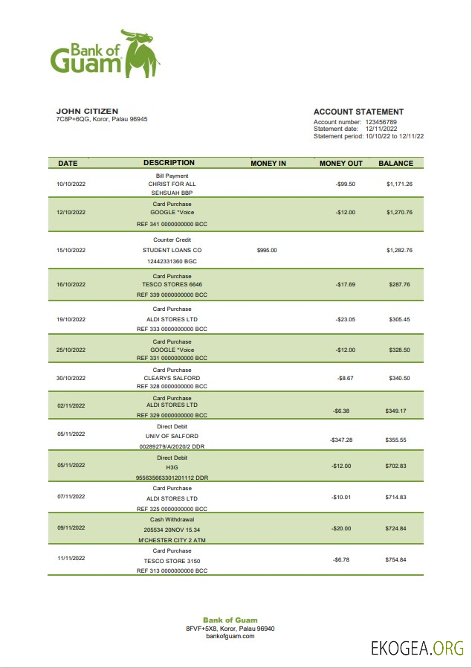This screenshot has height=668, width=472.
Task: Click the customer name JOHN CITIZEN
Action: click(x=87, y=111)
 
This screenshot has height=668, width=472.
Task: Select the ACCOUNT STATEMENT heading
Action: click(x=358, y=112)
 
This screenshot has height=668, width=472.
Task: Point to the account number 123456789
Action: click(x=381, y=122)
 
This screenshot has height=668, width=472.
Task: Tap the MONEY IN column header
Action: click(x=268, y=163)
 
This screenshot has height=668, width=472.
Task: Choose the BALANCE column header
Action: click(x=395, y=163)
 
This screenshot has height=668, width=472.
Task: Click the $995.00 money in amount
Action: click(x=267, y=251)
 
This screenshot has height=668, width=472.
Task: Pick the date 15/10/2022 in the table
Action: click(x=71, y=251)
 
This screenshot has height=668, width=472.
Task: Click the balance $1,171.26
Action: click(x=399, y=184)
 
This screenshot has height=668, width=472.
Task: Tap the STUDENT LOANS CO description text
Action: click(x=172, y=251)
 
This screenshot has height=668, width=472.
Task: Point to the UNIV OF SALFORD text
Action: click(x=172, y=436)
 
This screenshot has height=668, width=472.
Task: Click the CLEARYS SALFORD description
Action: click(x=172, y=378)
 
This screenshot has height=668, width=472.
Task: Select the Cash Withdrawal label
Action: click(x=172, y=519)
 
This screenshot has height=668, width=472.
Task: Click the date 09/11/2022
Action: click(x=71, y=527)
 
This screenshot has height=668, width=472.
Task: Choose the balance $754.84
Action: click(x=396, y=559)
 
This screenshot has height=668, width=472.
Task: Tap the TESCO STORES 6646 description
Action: click(x=172, y=284)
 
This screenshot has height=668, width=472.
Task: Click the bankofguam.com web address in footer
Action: click(x=230, y=637)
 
